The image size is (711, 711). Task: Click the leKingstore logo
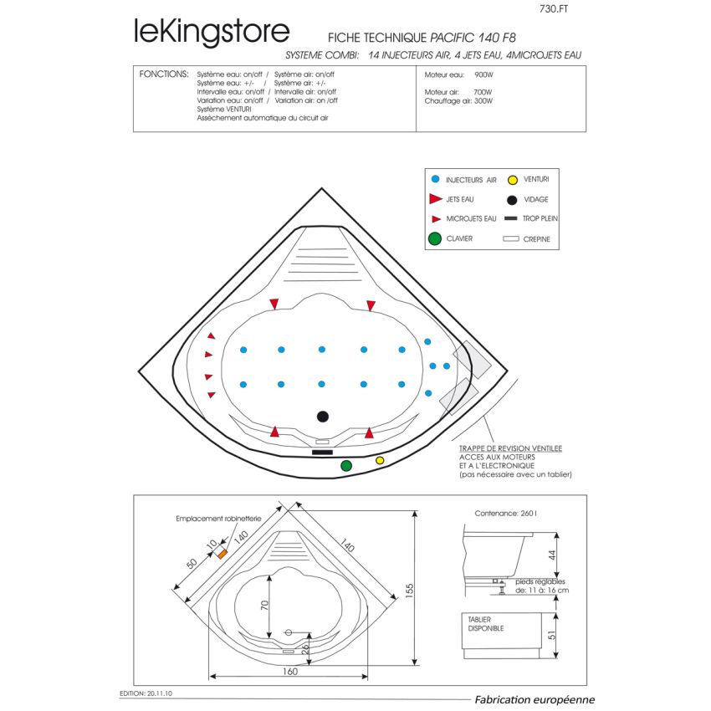[212, 32]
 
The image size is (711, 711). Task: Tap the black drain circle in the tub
[322, 417]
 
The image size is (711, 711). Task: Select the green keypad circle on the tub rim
[346, 466]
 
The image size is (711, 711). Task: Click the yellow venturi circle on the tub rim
[380, 461]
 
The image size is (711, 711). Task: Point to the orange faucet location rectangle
[223, 554]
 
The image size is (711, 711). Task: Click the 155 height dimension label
[410, 591]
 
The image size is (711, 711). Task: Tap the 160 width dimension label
[289, 671]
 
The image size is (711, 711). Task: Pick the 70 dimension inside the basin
[264, 605]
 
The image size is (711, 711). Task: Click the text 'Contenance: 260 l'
[505, 514]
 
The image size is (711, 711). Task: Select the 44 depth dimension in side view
[552, 555]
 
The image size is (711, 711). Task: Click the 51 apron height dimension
[551, 635]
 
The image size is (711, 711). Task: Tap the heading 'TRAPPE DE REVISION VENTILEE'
[510, 448]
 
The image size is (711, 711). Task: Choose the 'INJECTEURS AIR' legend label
[471, 180]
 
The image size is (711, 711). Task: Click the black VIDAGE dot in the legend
[512, 200]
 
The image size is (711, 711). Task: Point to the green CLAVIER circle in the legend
[435, 238]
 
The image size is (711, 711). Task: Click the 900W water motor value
[483, 74]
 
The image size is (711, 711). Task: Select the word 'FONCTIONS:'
[164, 74]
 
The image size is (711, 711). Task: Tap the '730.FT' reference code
[554, 8]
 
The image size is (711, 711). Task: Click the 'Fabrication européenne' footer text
[535, 699]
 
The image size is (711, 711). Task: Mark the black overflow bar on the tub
[322, 452]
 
